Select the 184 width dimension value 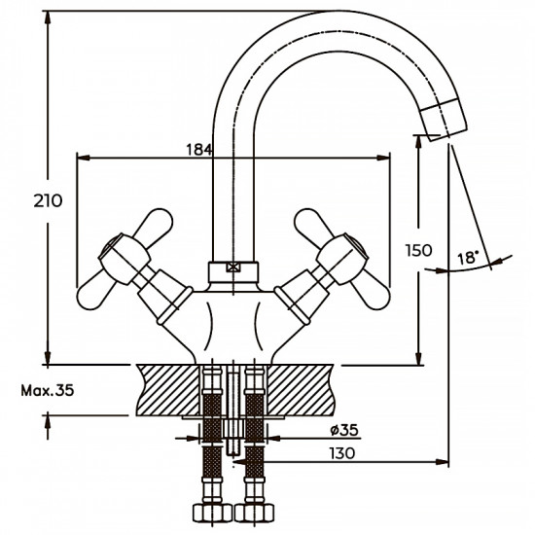point(199,149)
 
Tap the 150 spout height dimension point(418,250)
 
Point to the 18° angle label point(468,258)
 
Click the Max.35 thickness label point(47,392)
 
